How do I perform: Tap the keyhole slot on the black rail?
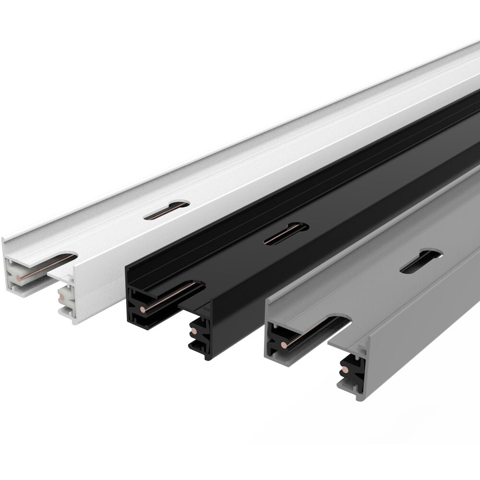pos(286,234)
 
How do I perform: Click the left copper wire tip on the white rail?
pos(18,277)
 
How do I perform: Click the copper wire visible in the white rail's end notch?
pos(48,266)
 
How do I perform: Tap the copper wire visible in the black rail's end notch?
pos(173,296)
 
